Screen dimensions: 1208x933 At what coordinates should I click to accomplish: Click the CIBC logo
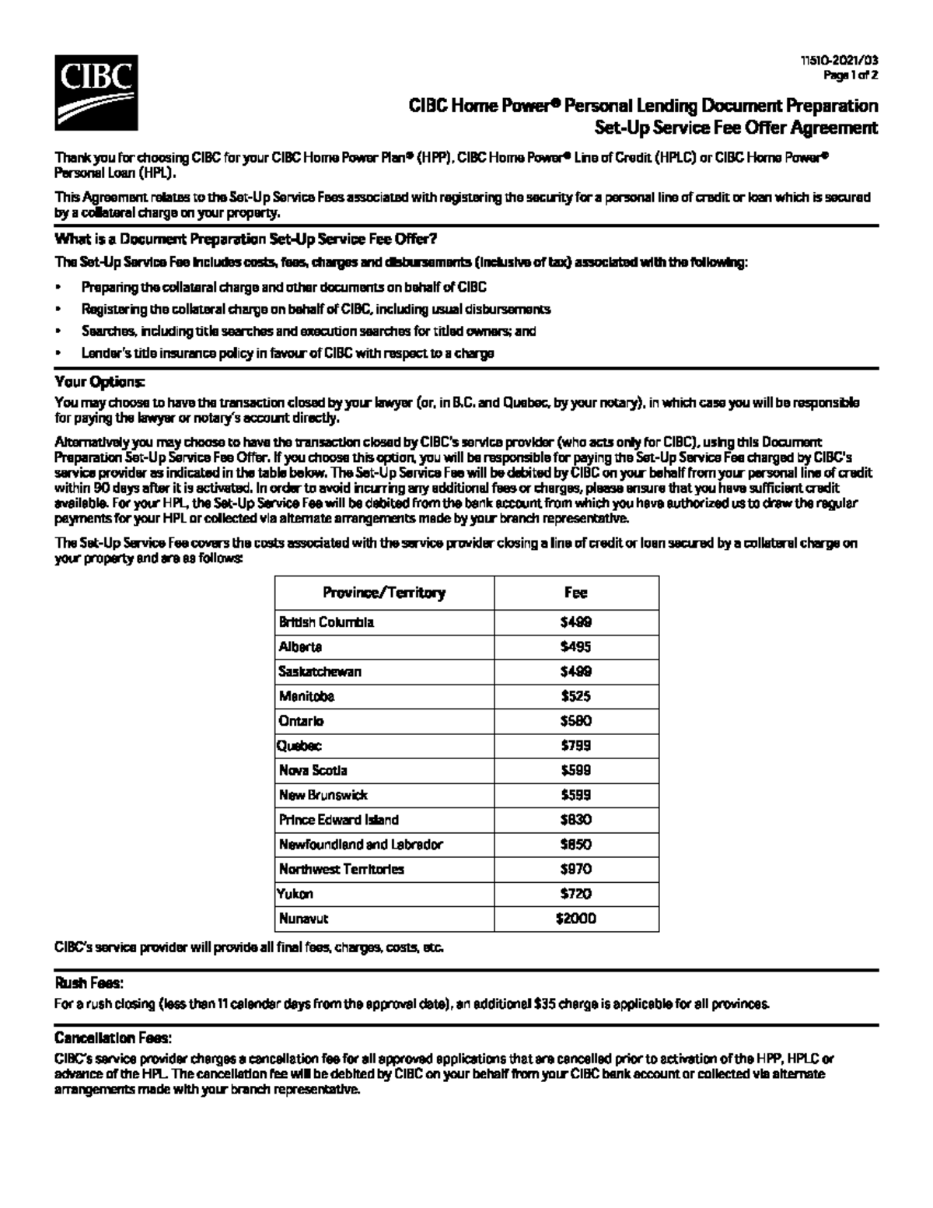96,93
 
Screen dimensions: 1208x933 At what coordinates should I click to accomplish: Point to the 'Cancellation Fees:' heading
113,1038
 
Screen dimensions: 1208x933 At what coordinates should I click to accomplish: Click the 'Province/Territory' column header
384,593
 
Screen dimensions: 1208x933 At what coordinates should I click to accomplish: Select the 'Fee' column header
575,593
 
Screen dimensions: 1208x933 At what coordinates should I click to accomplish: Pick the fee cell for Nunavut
575,919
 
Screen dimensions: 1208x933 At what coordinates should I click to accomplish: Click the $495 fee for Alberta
575,647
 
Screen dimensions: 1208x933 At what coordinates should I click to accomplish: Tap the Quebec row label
299,746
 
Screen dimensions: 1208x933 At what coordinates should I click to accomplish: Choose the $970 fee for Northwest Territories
575,870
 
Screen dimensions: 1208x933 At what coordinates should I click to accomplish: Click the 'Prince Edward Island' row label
339,820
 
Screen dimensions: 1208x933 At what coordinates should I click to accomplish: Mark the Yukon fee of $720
575,895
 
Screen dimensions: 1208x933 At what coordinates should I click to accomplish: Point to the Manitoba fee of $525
575,696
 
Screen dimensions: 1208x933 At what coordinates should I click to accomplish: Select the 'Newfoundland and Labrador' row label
361,845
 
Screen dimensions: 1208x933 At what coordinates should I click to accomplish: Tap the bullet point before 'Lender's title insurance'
58,353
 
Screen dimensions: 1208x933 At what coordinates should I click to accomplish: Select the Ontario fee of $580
575,721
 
